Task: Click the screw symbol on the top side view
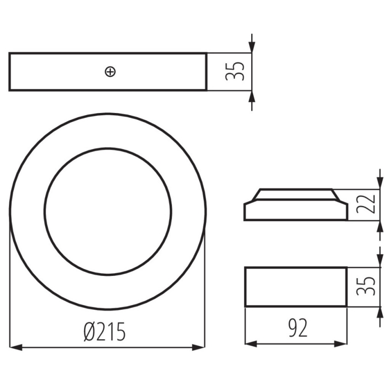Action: [x=110, y=72]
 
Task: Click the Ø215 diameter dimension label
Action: [x=105, y=332]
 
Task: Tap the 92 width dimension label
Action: [x=298, y=328]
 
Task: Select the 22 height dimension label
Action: [x=365, y=204]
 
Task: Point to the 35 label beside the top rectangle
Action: [x=235, y=71]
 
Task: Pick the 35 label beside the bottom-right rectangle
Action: [x=365, y=286]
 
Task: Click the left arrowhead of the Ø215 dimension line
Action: [x=16, y=347]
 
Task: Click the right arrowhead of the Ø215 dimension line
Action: [x=199, y=347]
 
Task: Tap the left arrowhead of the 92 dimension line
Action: [x=251, y=344]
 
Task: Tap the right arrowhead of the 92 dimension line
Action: [x=340, y=344]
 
